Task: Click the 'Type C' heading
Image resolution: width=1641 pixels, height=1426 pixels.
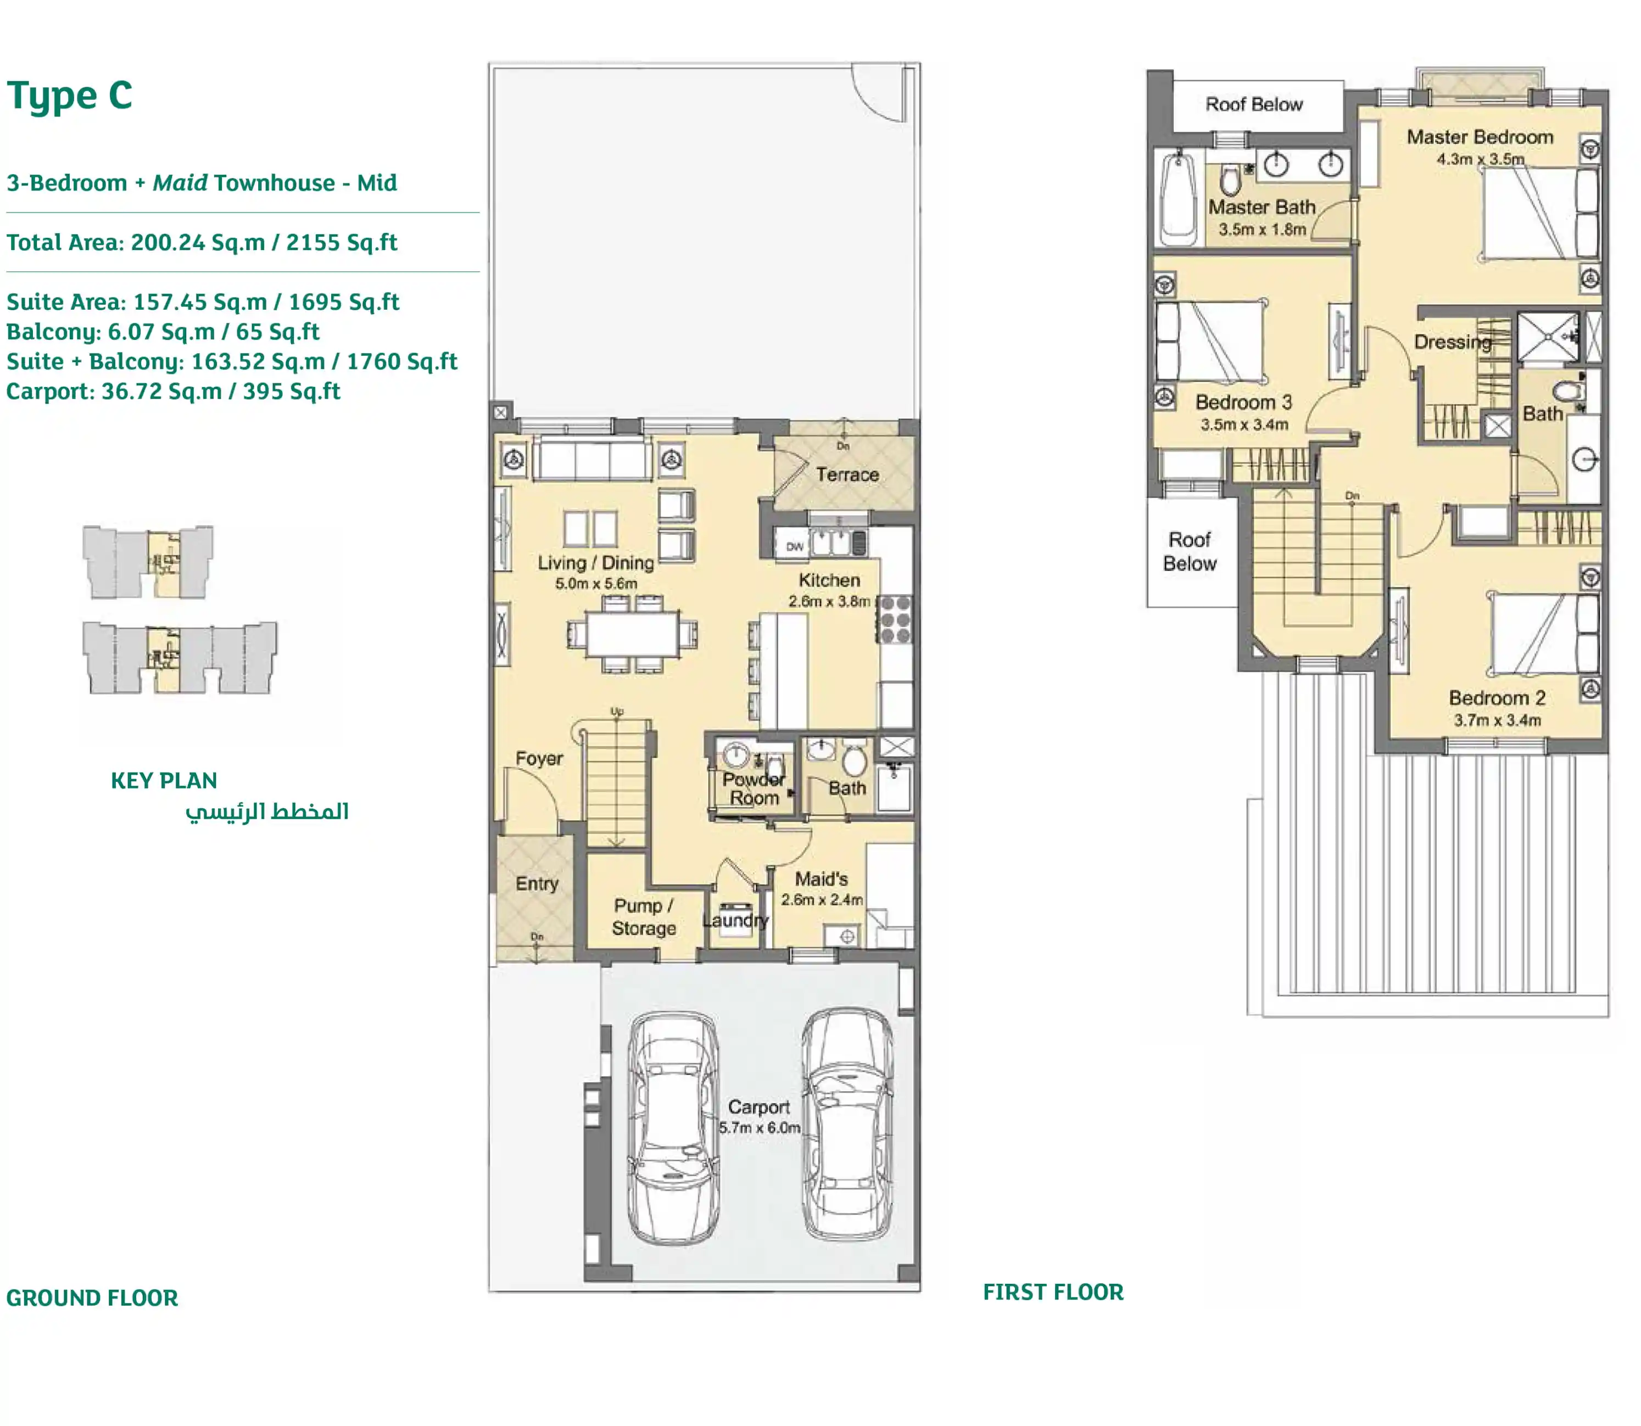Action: (x=70, y=96)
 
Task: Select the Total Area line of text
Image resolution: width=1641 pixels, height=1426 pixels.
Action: (x=202, y=242)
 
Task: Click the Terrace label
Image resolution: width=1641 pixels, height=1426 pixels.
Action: (x=847, y=475)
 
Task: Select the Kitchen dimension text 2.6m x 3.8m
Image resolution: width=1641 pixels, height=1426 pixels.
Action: (x=828, y=602)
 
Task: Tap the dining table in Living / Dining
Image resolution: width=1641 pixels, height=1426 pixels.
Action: (x=633, y=634)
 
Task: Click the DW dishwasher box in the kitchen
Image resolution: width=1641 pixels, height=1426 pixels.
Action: (x=794, y=547)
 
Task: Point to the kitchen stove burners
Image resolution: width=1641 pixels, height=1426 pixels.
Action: (x=895, y=619)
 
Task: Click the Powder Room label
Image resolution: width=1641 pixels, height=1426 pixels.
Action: (x=753, y=789)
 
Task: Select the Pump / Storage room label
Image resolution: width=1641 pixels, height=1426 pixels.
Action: (x=644, y=917)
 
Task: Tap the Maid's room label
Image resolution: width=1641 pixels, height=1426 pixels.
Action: (x=821, y=879)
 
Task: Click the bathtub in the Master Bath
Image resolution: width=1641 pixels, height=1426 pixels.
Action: (x=1179, y=198)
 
